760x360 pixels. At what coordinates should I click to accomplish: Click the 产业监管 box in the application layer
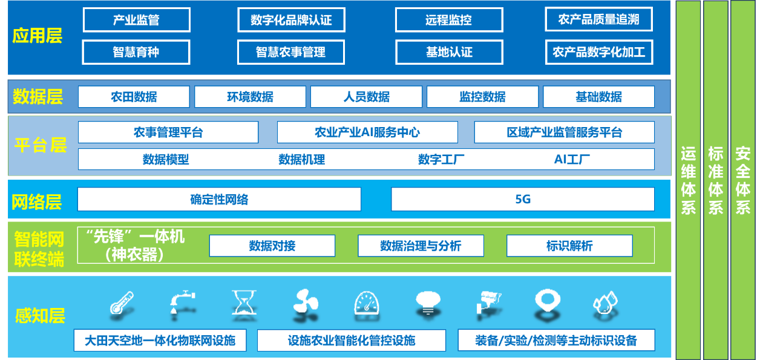(136, 20)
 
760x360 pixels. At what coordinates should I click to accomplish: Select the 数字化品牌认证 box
(291, 20)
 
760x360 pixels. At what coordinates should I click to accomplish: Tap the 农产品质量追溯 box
(598, 19)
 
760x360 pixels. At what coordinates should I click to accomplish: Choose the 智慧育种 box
(136, 52)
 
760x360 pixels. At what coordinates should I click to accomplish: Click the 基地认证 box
(449, 52)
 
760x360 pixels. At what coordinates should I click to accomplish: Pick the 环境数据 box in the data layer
(250, 97)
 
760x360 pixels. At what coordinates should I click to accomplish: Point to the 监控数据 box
(482, 97)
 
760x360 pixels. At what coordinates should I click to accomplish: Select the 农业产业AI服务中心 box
(367, 132)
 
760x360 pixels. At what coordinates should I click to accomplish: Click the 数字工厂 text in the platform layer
(441, 159)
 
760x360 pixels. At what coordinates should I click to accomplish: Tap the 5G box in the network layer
(523, 199)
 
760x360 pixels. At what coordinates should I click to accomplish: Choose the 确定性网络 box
(219, 199)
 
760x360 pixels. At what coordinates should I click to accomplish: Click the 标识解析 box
(569, 246)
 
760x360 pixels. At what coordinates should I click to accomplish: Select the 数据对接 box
(272, 246)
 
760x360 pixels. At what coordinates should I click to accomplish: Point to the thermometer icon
(121, 302)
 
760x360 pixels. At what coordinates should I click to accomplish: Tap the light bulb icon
(428, 302)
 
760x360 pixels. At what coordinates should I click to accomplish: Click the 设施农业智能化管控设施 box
(351, 340)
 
